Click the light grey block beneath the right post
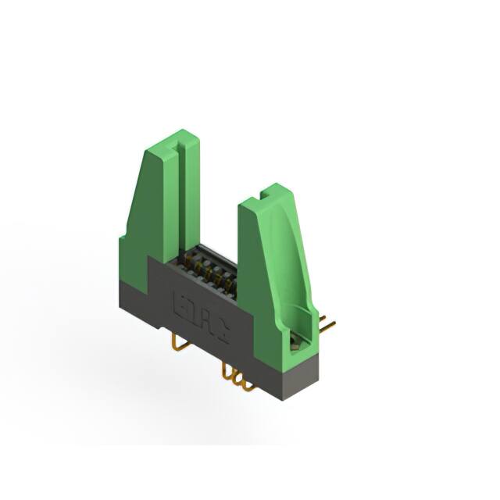pos(300,374)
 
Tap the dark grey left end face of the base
pos(134,293)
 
